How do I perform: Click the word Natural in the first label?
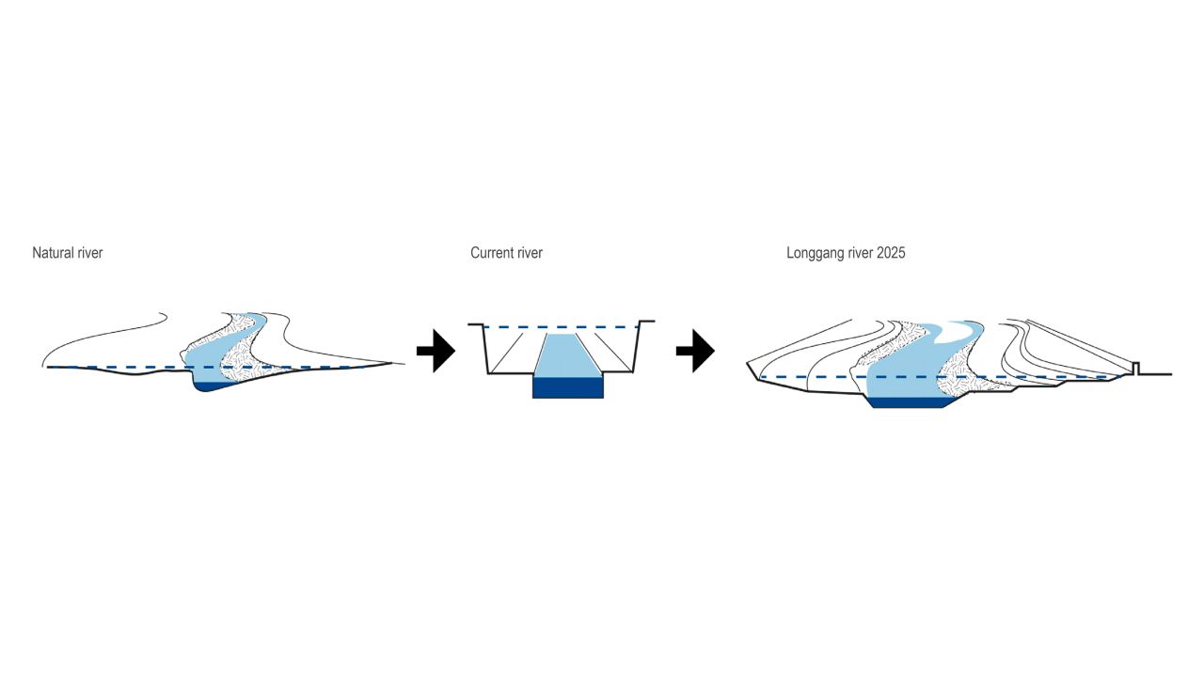53,253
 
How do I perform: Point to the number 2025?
890,253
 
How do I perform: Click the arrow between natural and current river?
435,351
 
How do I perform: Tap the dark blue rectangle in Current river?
568,386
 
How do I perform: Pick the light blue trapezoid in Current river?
568,355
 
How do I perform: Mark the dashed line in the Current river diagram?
508,327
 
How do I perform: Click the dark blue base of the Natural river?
213,386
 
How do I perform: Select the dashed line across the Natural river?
113,367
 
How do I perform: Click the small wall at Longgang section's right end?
1136,368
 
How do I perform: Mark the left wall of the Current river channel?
485,349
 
